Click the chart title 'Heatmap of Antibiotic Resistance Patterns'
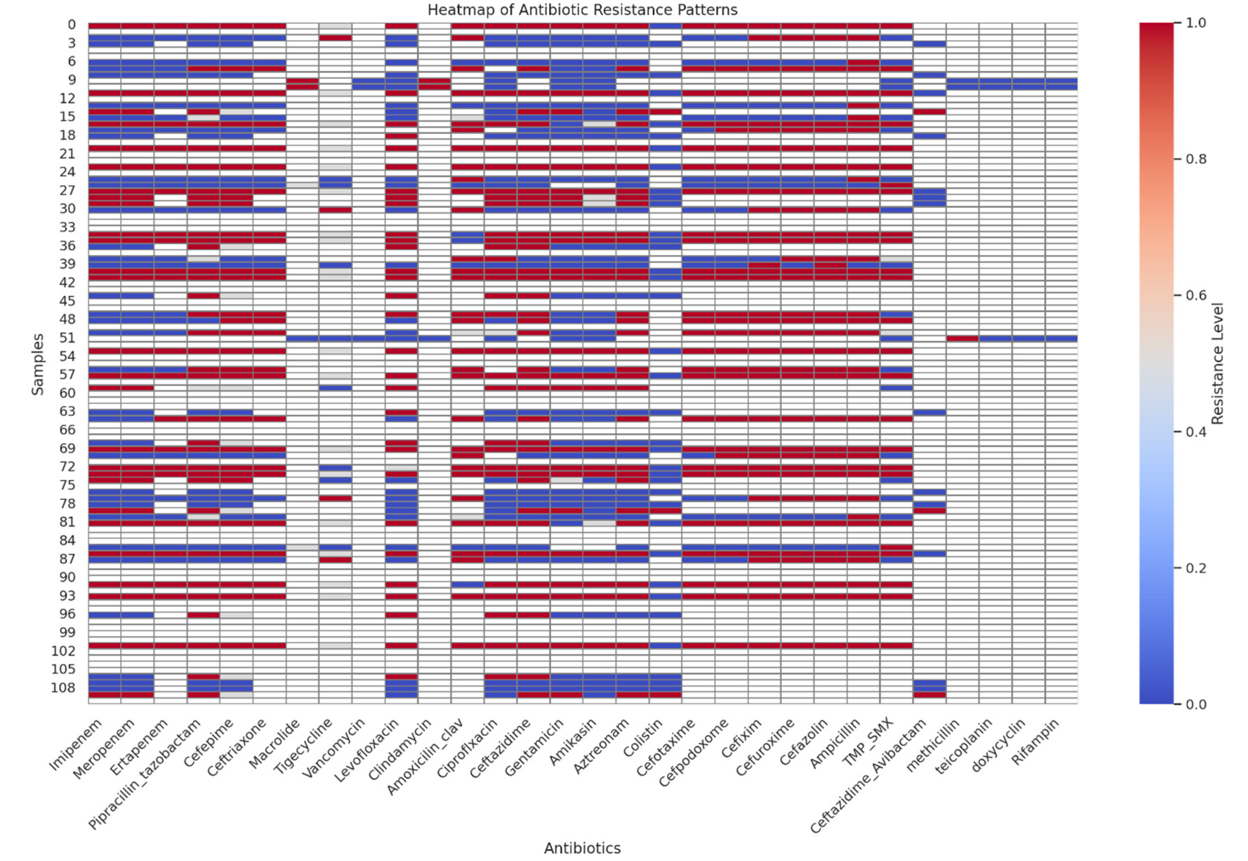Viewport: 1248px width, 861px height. tap(582, 10)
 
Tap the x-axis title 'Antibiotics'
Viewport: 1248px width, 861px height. tap(582, 848)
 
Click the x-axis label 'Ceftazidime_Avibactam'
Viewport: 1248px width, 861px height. tap(868, 777)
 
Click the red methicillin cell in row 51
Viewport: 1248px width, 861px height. tap(962, 338)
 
